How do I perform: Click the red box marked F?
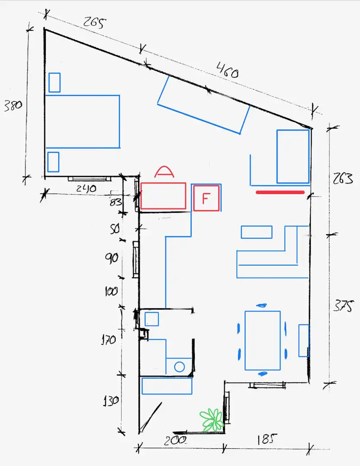(207, 198)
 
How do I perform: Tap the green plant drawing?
(212, 420)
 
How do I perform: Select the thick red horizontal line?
(280, 192)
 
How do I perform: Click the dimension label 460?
(227, 70)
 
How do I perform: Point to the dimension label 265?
(94, 22)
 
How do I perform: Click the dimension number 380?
(13, 106)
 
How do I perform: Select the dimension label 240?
(86, 189)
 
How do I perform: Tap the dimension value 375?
(343, 305)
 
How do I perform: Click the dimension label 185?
(267, 439)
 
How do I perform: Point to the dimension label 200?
(175, 440)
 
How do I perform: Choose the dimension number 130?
(111, 401)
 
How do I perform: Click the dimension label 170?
(108, 340)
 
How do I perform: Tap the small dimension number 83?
(116, 202)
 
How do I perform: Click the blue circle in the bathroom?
(179, 367)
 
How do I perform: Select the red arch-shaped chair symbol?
(164, 171)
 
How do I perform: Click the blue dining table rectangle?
(263, 340)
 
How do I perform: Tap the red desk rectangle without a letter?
(163, 196)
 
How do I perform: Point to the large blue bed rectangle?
(82, 122)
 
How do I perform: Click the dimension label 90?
(111, 258)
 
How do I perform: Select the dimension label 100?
(111, 291)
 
